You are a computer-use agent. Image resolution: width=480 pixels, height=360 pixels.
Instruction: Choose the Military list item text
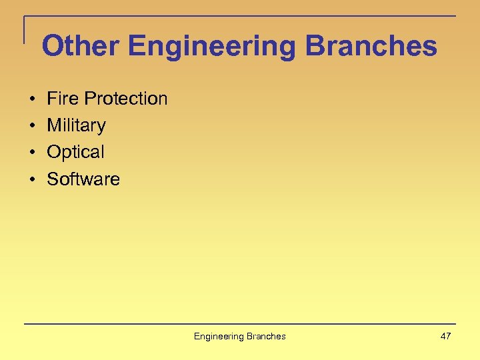click(x=76, y=125)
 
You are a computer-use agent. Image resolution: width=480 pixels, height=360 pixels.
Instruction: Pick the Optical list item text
click(x=75, y=152)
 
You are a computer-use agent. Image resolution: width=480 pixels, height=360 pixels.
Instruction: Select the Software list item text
click(x=83, y=179)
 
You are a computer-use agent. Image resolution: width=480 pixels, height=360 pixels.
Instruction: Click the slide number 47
click(x=445, y=336)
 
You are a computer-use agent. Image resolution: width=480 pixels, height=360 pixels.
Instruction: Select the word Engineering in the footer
click(x=219, y=337)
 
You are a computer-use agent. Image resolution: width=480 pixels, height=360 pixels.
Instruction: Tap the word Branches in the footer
click(x=265, y=336)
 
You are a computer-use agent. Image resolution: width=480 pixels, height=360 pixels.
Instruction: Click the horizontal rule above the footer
click(x=240, y=324)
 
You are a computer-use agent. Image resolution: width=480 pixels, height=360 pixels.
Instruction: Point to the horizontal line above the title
click(x=240, y=16)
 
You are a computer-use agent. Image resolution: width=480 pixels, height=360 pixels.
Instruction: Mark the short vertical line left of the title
click(x=25, y=30)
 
